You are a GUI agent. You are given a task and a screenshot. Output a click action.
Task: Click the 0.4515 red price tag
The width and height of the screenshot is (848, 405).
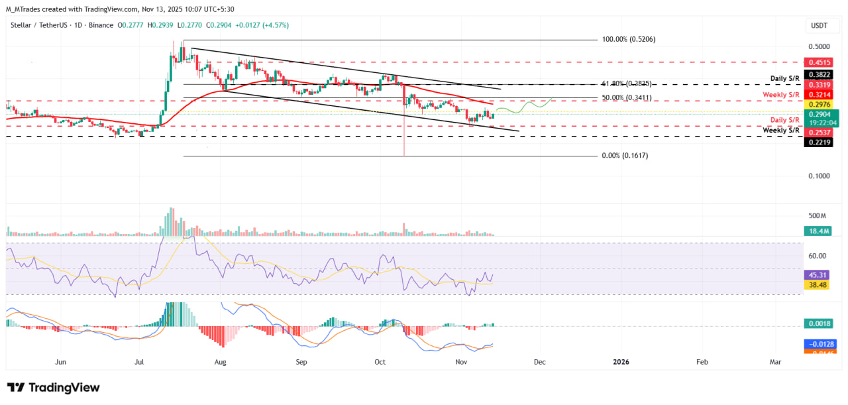coord(820,62)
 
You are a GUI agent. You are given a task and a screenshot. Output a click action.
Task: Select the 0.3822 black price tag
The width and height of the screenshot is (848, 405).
coord(820,75)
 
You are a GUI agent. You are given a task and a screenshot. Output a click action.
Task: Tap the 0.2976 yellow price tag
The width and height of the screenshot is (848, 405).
coord(820,105)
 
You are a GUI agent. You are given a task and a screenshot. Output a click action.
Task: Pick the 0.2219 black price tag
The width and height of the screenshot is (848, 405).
coord(820,142)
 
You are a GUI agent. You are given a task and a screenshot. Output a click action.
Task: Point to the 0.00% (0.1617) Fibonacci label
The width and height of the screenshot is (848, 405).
coord(625,156)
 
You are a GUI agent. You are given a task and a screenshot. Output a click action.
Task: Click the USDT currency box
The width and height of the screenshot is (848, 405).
coord(820,26)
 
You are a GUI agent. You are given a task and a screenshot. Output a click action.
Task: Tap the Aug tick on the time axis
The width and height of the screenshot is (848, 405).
coord(221,362)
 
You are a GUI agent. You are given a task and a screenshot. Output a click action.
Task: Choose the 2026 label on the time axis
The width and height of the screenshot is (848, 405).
coord(621,362)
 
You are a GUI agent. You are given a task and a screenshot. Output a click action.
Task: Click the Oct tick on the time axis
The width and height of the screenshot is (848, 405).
coord(380,362)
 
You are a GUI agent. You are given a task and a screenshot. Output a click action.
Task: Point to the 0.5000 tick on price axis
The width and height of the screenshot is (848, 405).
coord(820,47)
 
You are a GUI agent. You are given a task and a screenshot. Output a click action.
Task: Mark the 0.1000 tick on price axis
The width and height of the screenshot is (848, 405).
coord(820,176)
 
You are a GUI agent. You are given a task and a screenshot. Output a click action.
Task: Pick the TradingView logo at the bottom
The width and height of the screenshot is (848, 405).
coord(53,388)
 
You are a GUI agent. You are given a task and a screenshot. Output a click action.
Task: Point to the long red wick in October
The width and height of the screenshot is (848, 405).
coord(403,133)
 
